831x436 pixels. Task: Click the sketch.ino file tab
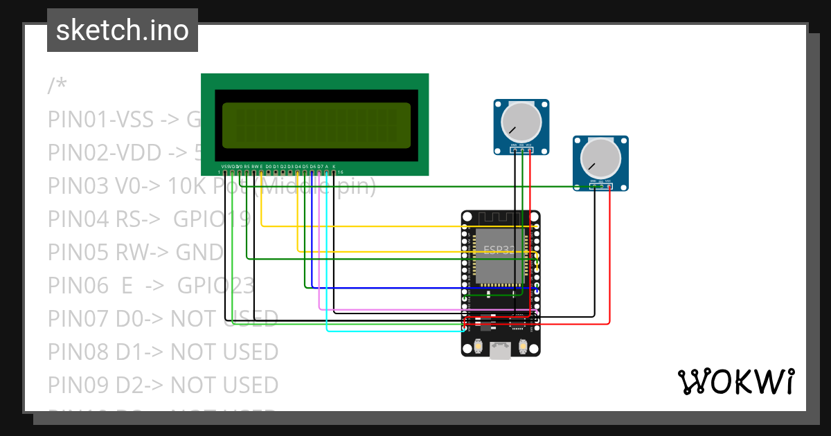[122, 30]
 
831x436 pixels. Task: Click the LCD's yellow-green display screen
[316, 125]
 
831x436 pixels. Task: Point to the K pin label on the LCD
[334, 167]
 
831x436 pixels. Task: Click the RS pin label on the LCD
[247, 167]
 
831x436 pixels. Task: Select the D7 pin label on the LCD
[319, 167]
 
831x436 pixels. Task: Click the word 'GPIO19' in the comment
[212, 219]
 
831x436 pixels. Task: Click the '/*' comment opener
[57, 86]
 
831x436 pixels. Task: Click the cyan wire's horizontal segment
[395, 331]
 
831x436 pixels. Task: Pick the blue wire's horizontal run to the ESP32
[415, 287]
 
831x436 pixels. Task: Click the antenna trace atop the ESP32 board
[500, 218]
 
